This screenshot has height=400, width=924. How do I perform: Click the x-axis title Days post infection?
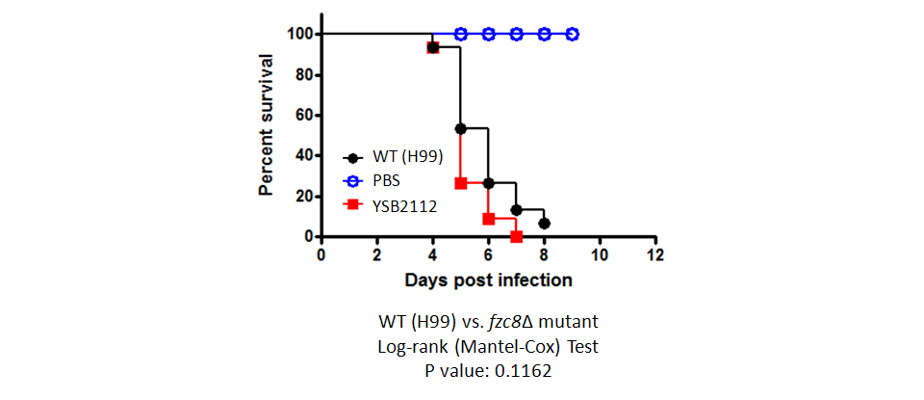tap(488, 280)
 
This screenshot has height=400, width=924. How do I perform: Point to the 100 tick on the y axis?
tap(299, 35)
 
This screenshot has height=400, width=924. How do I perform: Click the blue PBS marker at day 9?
tap(572, 34)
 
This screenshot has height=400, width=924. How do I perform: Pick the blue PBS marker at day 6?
tap(488, 34)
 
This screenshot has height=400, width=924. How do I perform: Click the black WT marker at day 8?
tap(544, 223)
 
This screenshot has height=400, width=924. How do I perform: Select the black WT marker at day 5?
tap(461, 128)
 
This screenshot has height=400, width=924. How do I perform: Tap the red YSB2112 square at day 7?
tap(516, 236)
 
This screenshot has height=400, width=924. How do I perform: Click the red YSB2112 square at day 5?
tap(461, 183)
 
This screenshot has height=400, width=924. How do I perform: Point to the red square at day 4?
tap(433, 47)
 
